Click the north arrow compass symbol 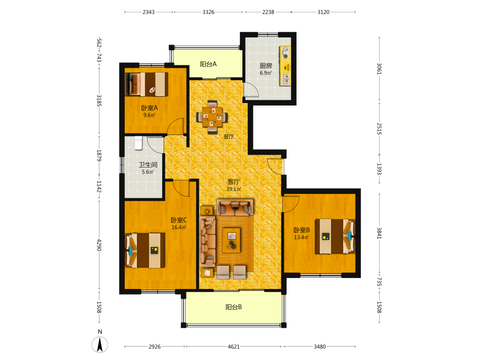point(100,344)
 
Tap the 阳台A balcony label point(208,64)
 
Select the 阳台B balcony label point(234,307)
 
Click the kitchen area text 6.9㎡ point(266,73)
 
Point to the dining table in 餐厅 point(212,117)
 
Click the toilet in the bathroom point(139,143)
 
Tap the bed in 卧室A point(146,84)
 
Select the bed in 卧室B point(335,236)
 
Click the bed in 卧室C point(145,251)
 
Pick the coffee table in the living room point(231,240)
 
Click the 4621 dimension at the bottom point(234,347)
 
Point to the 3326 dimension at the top point(208,12)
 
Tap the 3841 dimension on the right point(379,233)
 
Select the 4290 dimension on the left point(99,245)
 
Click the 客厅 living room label point(234,182)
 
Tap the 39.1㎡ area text point(234,189)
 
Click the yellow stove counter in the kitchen point(285,66)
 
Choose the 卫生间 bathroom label point(148,165)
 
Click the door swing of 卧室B point(290,204)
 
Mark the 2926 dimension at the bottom point(155,347)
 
